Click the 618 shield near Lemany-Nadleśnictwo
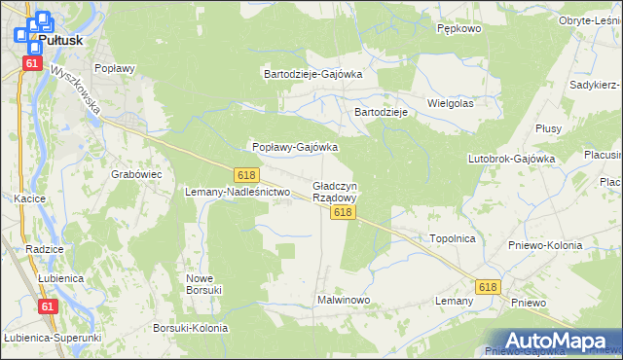[x=246, y=174]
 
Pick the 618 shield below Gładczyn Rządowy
[x=341, y=211]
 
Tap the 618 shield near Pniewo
[x=488, y=286]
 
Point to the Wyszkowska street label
[x=78, y=90]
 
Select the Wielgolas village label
[x=450, y=102]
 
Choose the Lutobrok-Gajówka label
[x=511, y=158]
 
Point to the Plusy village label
[x=547, y=127]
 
